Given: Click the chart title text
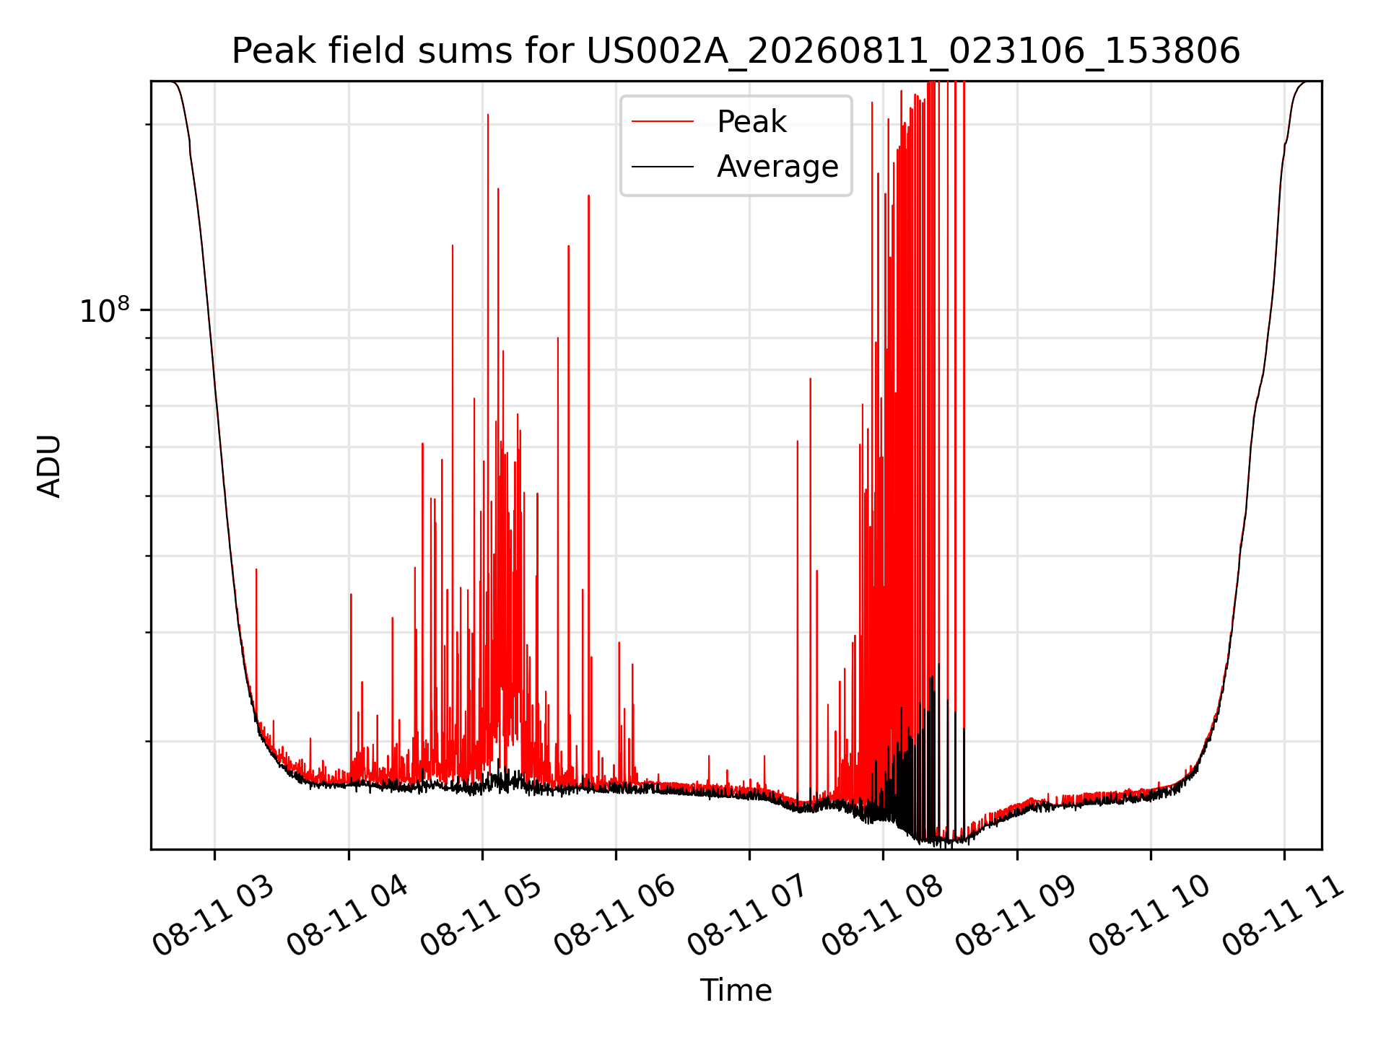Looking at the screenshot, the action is [x=736, y=51].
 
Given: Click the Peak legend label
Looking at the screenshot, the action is [x=751, y=122].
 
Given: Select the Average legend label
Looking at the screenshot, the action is [x=777, y=167].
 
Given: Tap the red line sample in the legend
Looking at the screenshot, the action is [x=663, y=122].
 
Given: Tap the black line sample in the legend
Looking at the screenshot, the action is [x=663, y=167].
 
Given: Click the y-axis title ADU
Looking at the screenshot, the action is [x=49, y=466].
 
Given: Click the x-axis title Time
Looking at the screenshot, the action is [x=736, y=990].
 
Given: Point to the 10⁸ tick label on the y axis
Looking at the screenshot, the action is [x=105, y=310].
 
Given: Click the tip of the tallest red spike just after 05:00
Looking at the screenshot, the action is [x=488, y=114].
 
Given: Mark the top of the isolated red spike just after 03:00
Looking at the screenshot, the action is [x=256, y=569].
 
